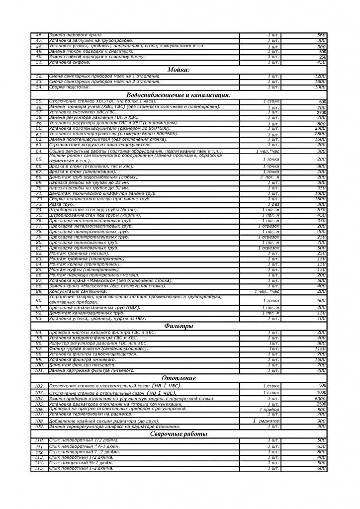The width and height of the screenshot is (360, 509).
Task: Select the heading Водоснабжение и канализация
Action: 179,94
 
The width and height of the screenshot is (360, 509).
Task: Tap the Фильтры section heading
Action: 179,326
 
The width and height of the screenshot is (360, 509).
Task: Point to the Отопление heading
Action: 179,378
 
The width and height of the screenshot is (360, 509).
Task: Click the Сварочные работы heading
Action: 179,434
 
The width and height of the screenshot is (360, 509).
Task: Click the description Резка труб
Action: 62,204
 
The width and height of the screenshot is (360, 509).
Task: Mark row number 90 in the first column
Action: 39,300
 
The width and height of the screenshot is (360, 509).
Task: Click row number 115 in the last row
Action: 39,468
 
